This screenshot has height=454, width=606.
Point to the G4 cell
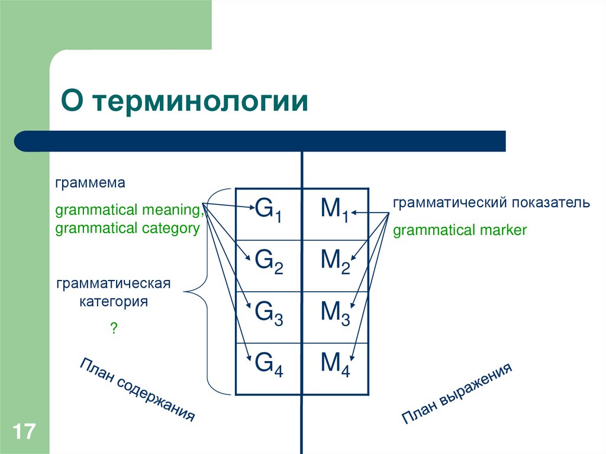pyautogui.click(x=269, y=365)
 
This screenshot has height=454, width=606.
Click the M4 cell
pyautogui.click(x=335, y=365)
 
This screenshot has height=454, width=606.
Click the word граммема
pyautogui.click(x=91, y=183)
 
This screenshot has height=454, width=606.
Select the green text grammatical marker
pyautogui.click(x=459, y=230)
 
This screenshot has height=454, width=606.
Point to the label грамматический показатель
pyautogui.click(x=491, y=203)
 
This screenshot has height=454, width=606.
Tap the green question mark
pyautogui.click(x=113, y=328)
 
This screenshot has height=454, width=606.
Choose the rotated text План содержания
pyautogui.click(x=137, y=389)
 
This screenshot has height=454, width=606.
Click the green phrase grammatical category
pyautogui.click(x=127, y=228)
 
